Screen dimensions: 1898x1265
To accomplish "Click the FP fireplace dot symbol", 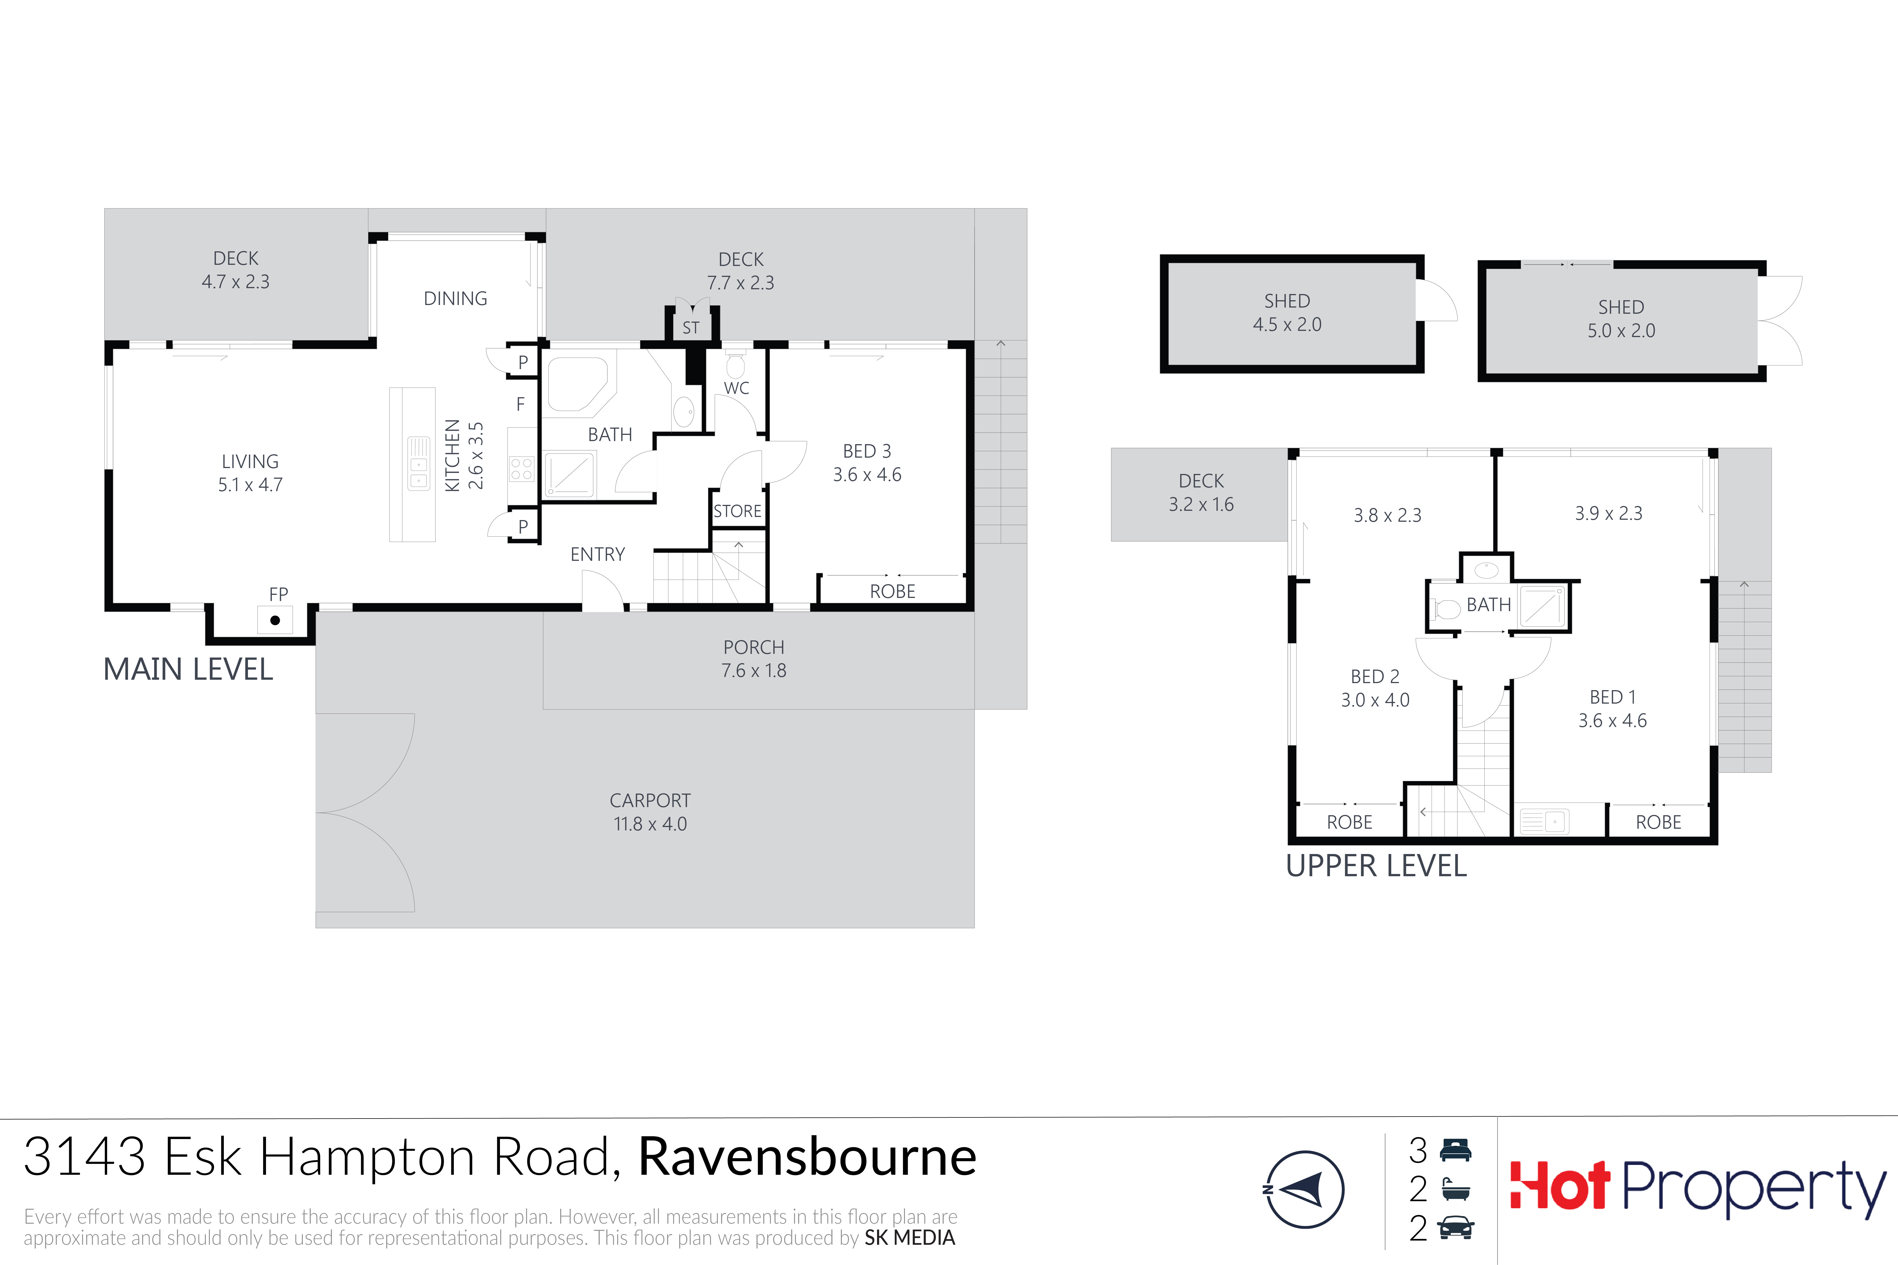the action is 275,620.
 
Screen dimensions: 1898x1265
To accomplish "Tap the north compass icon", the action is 1304,1189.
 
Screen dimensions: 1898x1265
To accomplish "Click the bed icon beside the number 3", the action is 1456,1150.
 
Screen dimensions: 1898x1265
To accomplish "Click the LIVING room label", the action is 250,462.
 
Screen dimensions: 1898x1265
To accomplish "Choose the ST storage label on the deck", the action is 691,327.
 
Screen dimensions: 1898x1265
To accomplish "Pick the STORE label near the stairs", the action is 738,512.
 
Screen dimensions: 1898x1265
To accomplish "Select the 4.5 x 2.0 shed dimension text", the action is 1287,324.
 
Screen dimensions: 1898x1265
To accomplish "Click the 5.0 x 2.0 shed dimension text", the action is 1621,331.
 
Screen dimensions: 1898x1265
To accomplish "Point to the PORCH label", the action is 754,647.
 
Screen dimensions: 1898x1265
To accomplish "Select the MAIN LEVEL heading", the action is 188,670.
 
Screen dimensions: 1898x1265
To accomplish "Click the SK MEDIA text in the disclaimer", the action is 909,1237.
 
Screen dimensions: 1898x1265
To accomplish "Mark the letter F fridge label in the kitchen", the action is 520,404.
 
